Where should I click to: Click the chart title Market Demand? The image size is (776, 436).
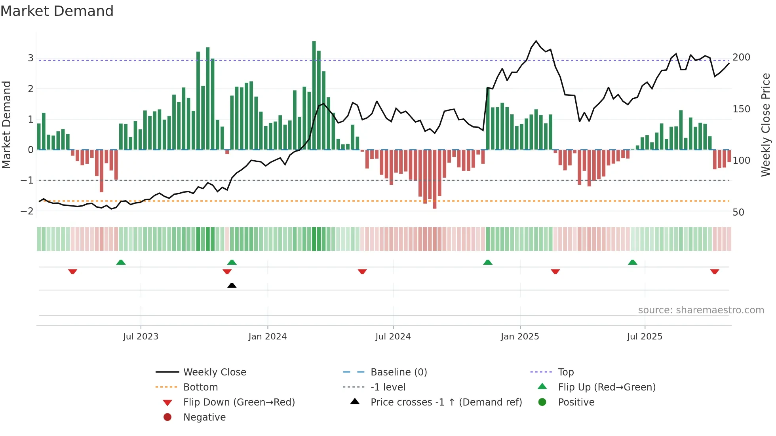pos(57,11)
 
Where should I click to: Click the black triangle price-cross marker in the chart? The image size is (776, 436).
pos(232,285)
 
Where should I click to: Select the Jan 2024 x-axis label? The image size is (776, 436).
pos(267,337)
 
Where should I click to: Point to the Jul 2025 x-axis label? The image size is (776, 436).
pos(644,337)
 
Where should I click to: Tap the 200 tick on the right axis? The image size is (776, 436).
pos(741,57)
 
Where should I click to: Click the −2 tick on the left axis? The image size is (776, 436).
pos(27,211)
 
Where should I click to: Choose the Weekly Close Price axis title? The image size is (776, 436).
pos(766,125)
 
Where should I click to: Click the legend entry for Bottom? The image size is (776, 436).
pos(200,387)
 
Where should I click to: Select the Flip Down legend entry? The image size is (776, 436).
pos(239,402)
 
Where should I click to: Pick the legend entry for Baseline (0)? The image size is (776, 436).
pos(398,372)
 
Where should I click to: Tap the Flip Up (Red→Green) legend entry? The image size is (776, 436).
pos(607,387)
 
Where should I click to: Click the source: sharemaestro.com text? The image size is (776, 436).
pos(701,310)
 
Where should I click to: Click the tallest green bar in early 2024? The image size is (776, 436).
pos(314,95)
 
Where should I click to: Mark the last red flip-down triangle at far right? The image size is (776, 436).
pos(714,271)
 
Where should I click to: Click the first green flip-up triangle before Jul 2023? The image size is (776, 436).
pos(121,262)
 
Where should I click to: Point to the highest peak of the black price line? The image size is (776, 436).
pos(536,41)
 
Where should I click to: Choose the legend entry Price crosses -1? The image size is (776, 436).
pos(446,402)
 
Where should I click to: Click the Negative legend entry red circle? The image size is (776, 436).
pos(167,417)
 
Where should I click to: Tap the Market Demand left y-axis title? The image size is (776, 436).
pos(6,125)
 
